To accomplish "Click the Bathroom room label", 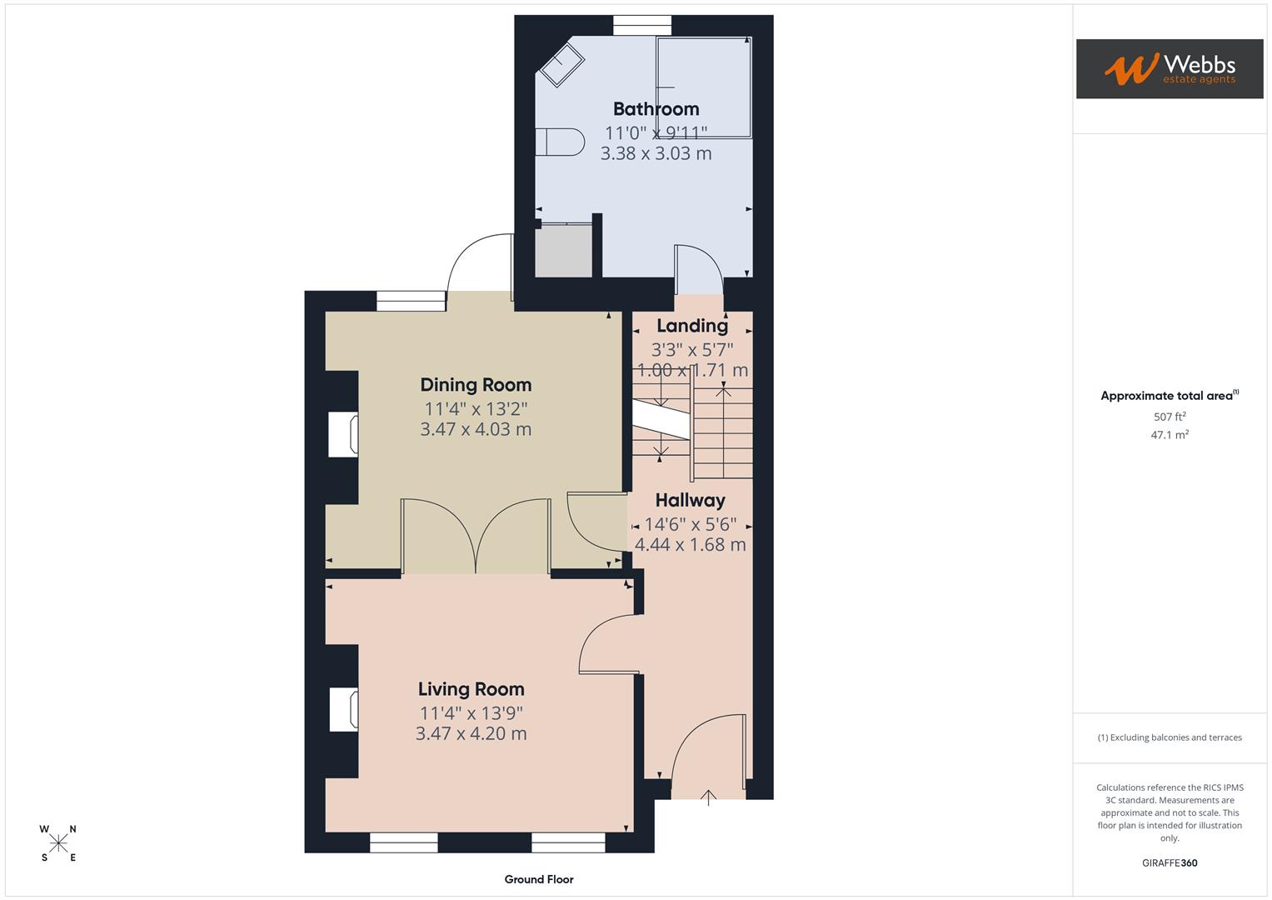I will pyautogui.click(x=656, y=109).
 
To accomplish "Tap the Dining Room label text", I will pyautogui.click(x=476, y=385).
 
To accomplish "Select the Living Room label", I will pyautogui.click(x=471, y=689).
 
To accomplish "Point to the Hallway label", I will pyautogui.click(x=690, y=501).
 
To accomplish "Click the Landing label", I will pyautogui.click(x=691, y=326).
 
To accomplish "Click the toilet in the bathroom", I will pyautogui.click(x=559, y=142).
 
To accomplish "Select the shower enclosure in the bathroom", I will pyautogui.click(x=704, y=87).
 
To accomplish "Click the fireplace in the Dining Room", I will pyautogui.click(x=343, y=434).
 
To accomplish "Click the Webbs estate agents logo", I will pyautogui.click(x=1170, y=69).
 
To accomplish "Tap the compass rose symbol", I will pyautogui.click(x=58, y=843).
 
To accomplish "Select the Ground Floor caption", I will pyautogui.click(x=539, y=879).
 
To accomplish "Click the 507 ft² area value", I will pyautogui.click(x=1170, y=417).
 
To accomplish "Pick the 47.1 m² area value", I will pyautogui.click(x=1170, y=435).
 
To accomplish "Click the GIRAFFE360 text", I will pyautogui.click(x=1170, y=863).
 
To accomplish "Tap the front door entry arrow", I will pyautogui.click(x=708, y=798).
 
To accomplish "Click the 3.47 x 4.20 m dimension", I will pyautogui.click(x=471, y=734).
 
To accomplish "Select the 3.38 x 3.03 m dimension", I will pyautogui.click(x=656, y=154).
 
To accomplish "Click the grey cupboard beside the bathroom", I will pyautogui.click(x=563, y=251).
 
